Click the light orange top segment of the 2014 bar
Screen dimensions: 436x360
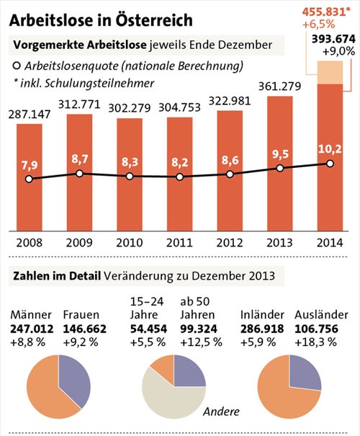click(x=330, y=72)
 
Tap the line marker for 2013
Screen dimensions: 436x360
click(x=280, y=169)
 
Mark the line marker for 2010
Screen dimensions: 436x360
click(x=130, y=176)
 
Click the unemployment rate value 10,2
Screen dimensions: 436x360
click(x=330, y=149)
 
